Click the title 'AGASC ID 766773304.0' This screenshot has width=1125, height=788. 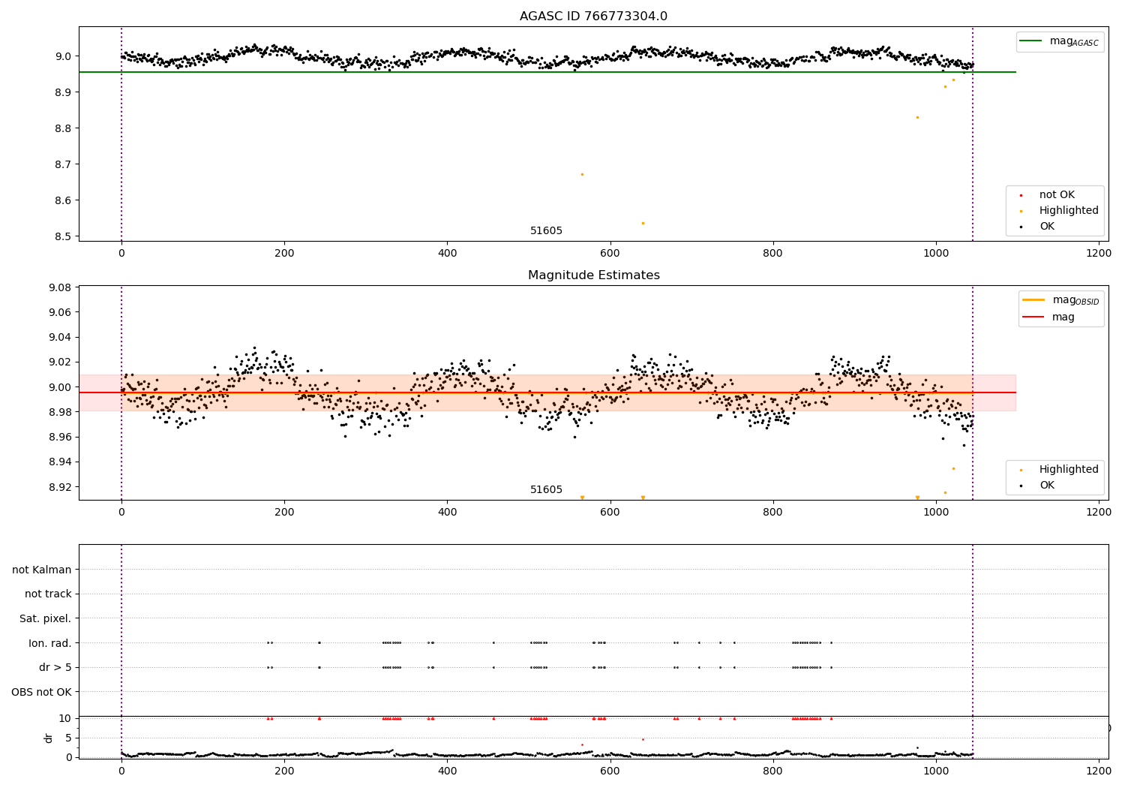[593, 17]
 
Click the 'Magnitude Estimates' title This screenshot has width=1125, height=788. [593, 275]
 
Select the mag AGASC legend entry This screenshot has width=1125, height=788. [1073, 42]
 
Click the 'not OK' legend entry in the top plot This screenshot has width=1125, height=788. [1057, 195]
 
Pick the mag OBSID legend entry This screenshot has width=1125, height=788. [1075, 300]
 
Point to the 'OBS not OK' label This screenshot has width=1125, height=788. [42, 692]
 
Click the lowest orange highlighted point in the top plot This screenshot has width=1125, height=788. [643, 223]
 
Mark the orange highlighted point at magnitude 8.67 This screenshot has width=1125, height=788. [582, 174]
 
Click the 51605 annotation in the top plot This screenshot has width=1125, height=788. [546, 231]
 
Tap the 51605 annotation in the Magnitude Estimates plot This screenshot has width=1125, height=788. [546, 490]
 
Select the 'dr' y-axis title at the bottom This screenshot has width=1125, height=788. [49, 738]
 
